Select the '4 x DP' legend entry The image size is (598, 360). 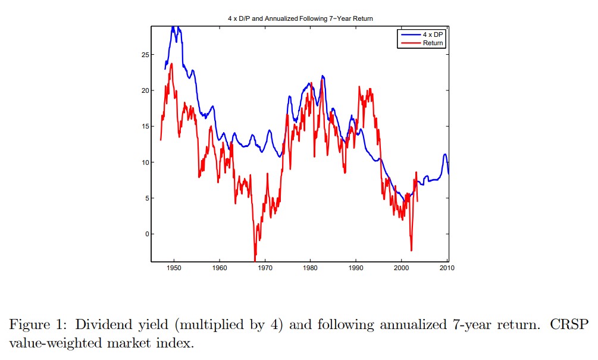[433, 35]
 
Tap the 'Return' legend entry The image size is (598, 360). [433, 43]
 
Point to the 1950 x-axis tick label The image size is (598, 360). [174, 268]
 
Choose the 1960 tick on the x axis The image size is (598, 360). [220, 268]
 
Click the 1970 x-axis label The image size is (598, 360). [265, 268]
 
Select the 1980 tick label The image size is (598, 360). [310, 268]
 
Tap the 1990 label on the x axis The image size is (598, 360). [356, 268]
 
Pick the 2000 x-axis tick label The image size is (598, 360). [401, 268]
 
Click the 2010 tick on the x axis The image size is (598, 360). [446, 268]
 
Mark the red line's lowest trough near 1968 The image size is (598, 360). [255, 260]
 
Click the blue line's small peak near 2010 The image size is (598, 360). [444, 155]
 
